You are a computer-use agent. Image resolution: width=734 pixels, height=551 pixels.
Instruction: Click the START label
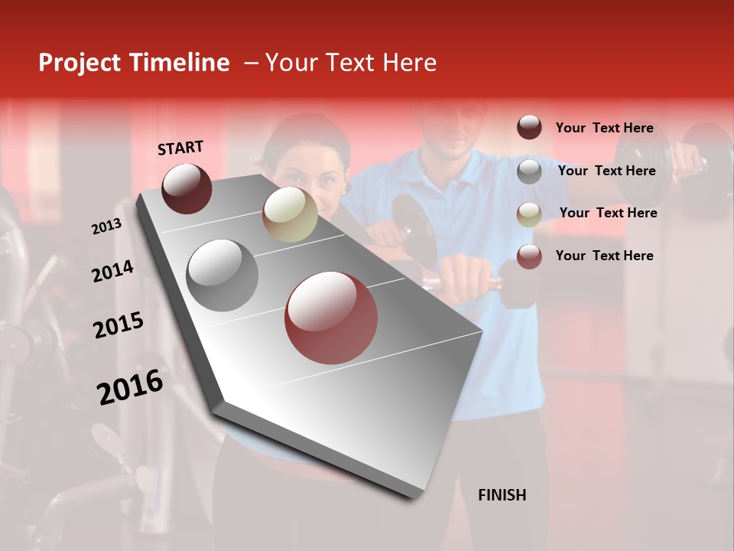coord(180,148)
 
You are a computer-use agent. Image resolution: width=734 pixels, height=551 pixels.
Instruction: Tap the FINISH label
coord(502,495)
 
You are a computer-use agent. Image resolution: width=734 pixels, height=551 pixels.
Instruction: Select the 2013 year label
coord(106,227)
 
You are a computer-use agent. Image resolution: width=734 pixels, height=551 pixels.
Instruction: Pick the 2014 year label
coord(112,271)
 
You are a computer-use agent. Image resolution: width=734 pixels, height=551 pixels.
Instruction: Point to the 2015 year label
coord(119,325)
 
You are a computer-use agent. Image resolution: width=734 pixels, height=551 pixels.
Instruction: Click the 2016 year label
coord(130,386)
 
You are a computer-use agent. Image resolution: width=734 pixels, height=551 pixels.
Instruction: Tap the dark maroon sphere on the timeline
coord(187,188)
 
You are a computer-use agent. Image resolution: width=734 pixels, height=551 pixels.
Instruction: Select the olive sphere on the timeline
coord(290,214)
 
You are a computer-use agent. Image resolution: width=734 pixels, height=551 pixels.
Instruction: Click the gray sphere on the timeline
coord(222,275)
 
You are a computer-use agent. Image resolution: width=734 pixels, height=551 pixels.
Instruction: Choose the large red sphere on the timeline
coord(331,318)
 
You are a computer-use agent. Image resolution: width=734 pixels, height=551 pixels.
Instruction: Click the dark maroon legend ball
coord(529,128)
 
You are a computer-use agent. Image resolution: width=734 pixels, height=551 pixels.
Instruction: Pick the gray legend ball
coord(529,171)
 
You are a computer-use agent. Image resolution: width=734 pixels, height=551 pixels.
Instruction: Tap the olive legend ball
coord(529,214)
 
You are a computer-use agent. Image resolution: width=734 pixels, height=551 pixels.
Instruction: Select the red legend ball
coord(529,256)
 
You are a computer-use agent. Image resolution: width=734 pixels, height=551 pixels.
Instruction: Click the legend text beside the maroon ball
coord(604,128)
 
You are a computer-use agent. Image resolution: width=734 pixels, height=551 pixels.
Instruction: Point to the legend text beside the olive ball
coord(608,213)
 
